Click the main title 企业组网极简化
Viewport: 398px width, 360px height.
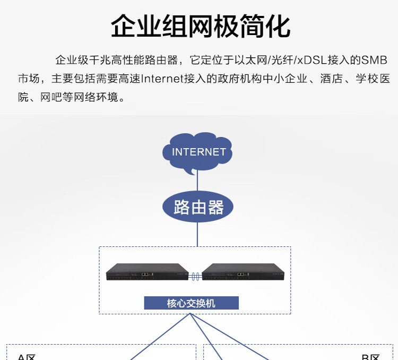(x=201, y=26)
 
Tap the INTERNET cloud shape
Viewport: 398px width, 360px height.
(x=197, y=152)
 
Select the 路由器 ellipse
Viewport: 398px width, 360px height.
(x=198, y=207)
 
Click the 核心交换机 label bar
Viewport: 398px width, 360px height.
(x=192, y=303)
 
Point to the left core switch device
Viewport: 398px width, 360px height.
(x=147, y=272)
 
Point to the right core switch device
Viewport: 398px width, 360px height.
(x=243, y=272)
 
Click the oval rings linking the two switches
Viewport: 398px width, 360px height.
(x=195, y=277)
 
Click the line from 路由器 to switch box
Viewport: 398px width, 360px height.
(x=197, y=234)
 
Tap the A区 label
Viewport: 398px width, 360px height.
(x=27, y=357)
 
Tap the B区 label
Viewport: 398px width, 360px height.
(x=370, y=357)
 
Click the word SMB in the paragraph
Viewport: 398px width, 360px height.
(x=374, y=60)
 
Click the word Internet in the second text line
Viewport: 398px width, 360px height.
(x=162, y=79)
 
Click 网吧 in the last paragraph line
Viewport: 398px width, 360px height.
(x=51, y=97)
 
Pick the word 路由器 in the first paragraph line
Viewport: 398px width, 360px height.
(x=161, y=60)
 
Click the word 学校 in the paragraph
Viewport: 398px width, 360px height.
(x=367, y=79)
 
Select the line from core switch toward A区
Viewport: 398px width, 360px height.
(x=160, y=337)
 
